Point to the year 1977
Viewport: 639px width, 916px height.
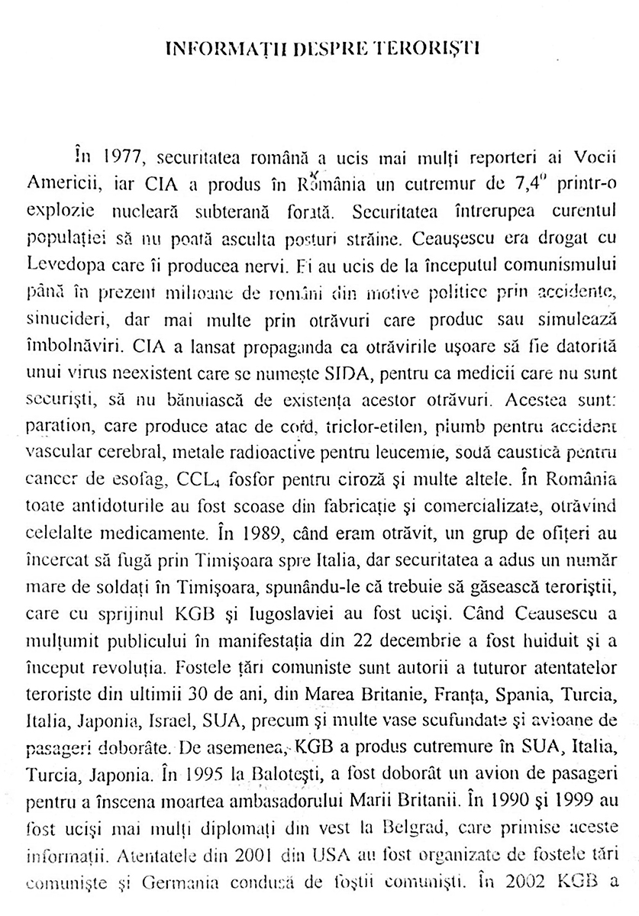(121, 159)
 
